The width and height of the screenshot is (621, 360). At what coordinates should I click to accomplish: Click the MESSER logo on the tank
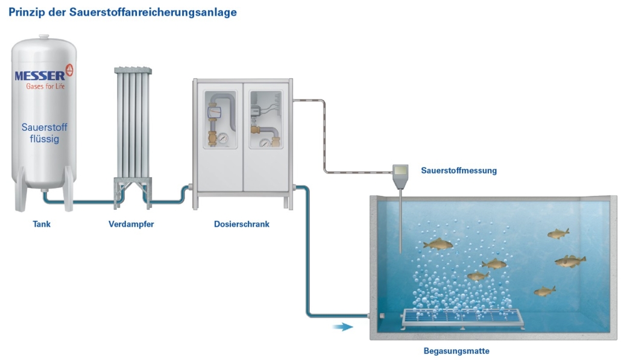click(40, 76)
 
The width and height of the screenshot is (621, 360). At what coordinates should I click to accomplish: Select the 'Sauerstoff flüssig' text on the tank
click(40, 133)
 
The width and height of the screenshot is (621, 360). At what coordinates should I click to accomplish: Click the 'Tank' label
click(42, 224)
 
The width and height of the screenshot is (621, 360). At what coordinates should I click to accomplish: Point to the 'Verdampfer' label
click(131, 224)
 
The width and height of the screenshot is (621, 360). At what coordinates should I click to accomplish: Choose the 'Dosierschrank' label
click(241, 224)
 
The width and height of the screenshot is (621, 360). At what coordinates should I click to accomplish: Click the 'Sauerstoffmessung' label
click(459, 171)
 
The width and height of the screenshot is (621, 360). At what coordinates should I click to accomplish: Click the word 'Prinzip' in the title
click(27, 12)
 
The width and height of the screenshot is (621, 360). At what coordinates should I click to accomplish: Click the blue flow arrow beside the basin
click(343, 327)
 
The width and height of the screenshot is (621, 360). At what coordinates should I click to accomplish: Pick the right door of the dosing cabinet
click(266, 136)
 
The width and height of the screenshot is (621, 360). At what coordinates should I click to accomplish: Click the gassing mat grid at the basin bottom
click(461, 317)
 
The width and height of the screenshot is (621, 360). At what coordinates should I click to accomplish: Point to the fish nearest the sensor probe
click(438, 244)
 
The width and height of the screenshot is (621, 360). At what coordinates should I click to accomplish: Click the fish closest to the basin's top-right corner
click(558, 233)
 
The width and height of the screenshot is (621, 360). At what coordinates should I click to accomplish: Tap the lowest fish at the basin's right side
click(544, 291)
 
